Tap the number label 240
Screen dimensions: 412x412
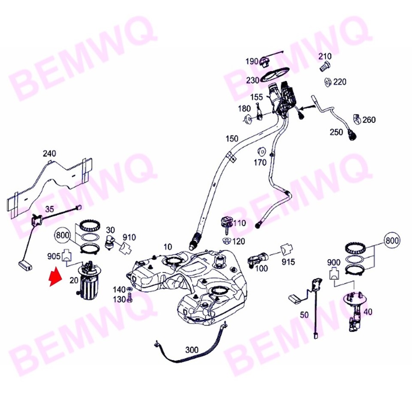49,153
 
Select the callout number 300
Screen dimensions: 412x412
192,349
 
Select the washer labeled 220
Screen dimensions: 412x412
327,82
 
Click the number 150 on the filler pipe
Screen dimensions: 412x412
231,139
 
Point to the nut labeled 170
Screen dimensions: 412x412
261,152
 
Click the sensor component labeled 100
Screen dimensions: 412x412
257,259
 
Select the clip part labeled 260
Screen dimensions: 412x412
357,118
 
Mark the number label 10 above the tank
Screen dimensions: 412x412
167,247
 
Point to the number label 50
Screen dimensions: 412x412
304,315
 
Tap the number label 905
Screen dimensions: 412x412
54,257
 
